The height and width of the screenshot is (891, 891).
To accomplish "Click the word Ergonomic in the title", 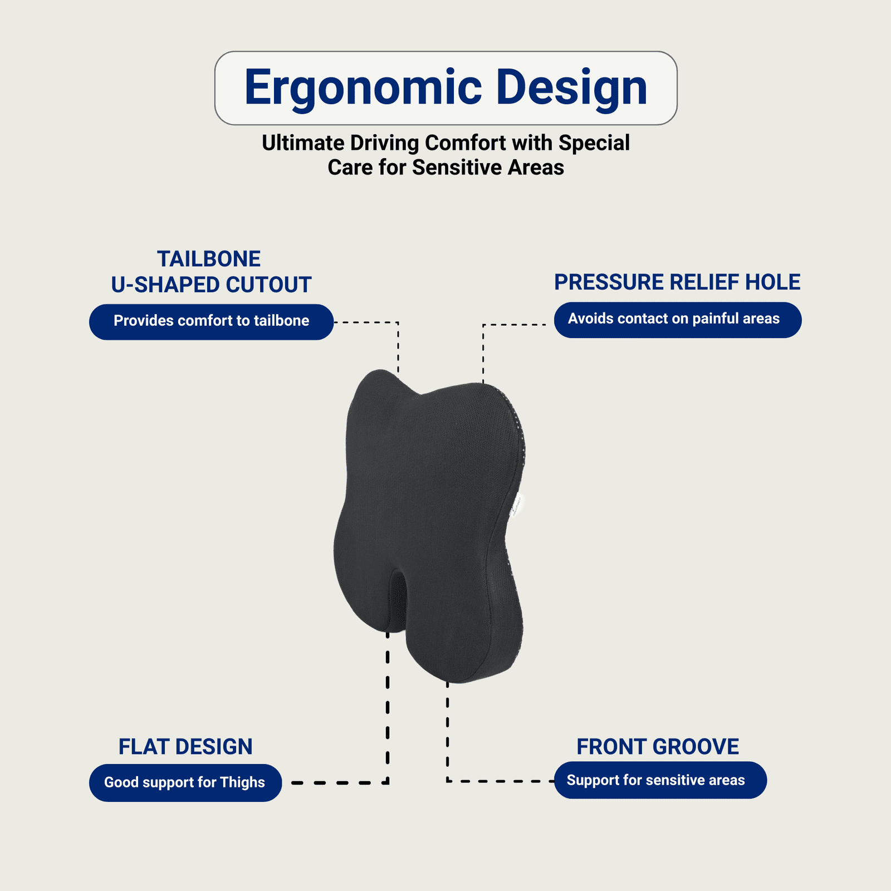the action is point(363,88).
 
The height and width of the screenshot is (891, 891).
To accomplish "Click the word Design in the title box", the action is point(572,88).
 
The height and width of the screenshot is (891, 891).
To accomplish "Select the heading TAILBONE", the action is point(209,259).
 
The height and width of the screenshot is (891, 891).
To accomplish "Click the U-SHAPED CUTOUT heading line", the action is point(211,285).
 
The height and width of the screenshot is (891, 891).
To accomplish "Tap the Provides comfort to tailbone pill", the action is point(211,322).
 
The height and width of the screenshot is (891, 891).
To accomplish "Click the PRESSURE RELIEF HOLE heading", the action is point(677,282).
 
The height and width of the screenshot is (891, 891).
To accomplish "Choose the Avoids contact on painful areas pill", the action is point(678,320).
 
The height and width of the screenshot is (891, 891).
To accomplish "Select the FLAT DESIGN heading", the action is point(185,747).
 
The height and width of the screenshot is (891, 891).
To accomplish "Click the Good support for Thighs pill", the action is point(185,782).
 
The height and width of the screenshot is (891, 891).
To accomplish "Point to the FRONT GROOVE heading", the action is point(658,747).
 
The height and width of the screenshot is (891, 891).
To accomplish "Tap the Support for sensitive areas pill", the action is point(660,780).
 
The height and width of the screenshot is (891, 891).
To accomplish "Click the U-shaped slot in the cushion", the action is point(398,601).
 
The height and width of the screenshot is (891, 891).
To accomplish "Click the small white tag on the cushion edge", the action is point(517,504).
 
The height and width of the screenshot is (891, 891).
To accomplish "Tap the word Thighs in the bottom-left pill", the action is point(242,782).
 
